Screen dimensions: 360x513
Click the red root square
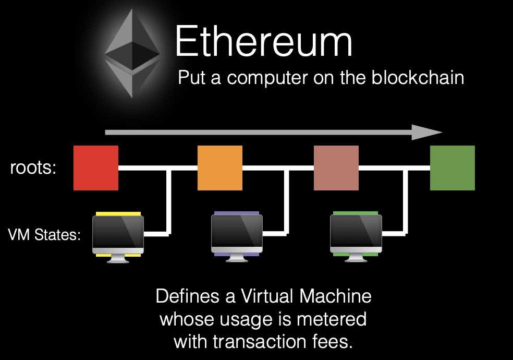tap(96, 168)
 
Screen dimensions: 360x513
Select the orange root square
tap(219, 168)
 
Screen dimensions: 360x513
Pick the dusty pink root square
tap(336, 168)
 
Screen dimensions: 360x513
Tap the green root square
tap(452, 168)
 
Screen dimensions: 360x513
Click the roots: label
tap(33, 169)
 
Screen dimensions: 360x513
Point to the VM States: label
tap(44, 235)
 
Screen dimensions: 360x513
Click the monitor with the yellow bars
tap(117, 235)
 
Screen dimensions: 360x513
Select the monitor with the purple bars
tap(236, 235)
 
